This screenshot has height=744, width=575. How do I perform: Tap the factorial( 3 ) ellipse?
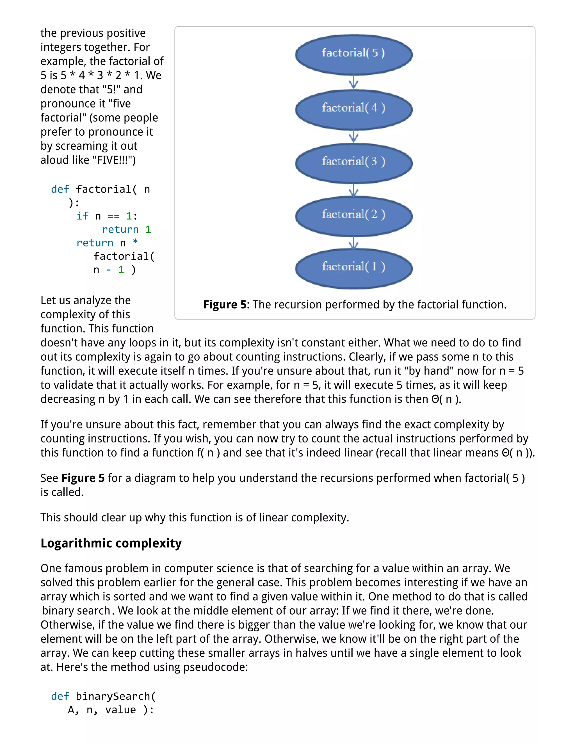click(x=353, y=163)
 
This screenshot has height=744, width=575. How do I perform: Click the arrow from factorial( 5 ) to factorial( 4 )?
click(x=353, y=82)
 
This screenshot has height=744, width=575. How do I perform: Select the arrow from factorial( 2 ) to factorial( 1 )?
click(x=353, y=243)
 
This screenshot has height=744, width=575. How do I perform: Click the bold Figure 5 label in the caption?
click(x=225, y=304)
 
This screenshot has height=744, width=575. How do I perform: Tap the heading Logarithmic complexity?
click(x=111, y=543)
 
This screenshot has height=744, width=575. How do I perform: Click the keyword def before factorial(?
click(x=60, y=189)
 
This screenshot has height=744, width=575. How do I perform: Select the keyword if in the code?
click(x=83, y=216)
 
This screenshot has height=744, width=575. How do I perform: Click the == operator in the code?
click(x=113, y=216)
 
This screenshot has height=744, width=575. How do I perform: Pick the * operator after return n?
click(x=135, y=242)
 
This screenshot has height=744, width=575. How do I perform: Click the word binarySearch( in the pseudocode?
click(x=115, y=696)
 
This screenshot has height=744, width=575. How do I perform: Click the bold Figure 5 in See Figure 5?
click(x=83, y=478)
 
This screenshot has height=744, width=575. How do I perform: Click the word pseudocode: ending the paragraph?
click(x=216, y=667)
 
